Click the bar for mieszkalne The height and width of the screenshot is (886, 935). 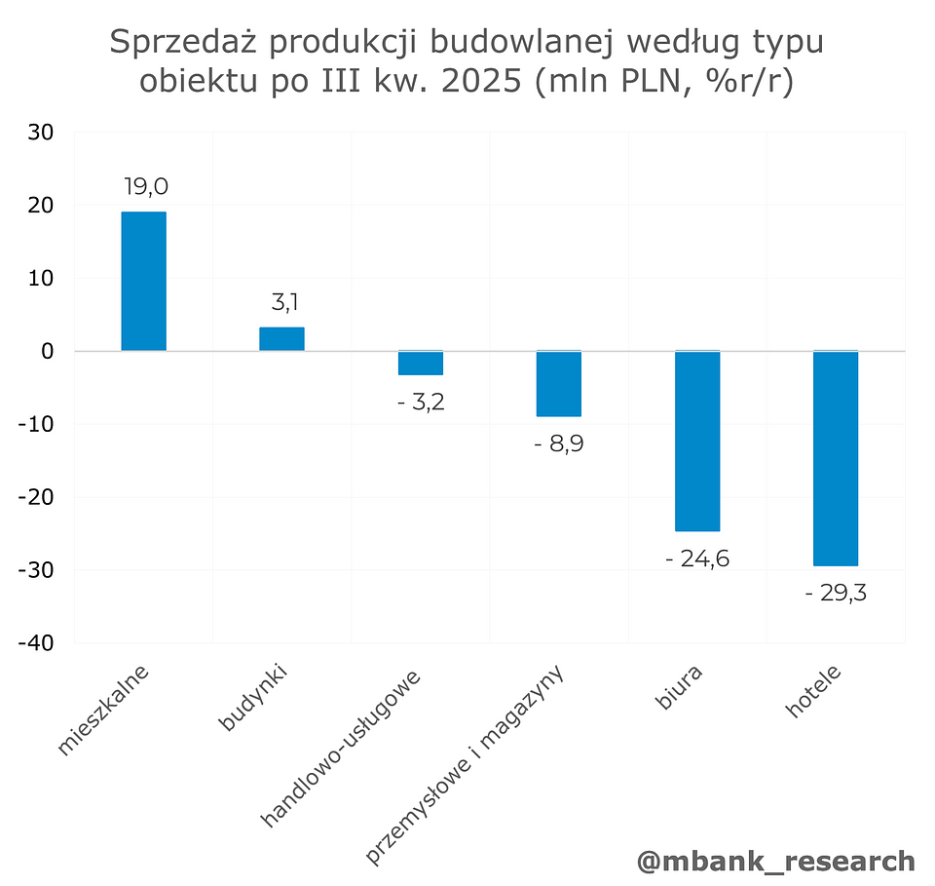pos(143,281)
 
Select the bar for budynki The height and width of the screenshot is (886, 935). pos(281,338)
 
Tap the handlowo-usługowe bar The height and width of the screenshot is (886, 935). pos(421,363)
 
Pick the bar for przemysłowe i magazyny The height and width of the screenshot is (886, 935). pos(559,383)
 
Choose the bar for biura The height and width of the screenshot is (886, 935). pos(697,441)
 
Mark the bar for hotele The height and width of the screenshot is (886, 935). pos(836,458)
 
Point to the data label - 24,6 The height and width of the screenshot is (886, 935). pos(697,559)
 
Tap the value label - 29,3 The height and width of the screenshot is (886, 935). pos(836,593)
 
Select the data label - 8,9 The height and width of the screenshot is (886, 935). pos(559,444)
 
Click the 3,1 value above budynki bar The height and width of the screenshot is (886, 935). pos(284,303)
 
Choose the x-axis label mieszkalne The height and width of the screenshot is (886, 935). pos(104,711)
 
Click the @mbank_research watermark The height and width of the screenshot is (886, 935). pos(775,861)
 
